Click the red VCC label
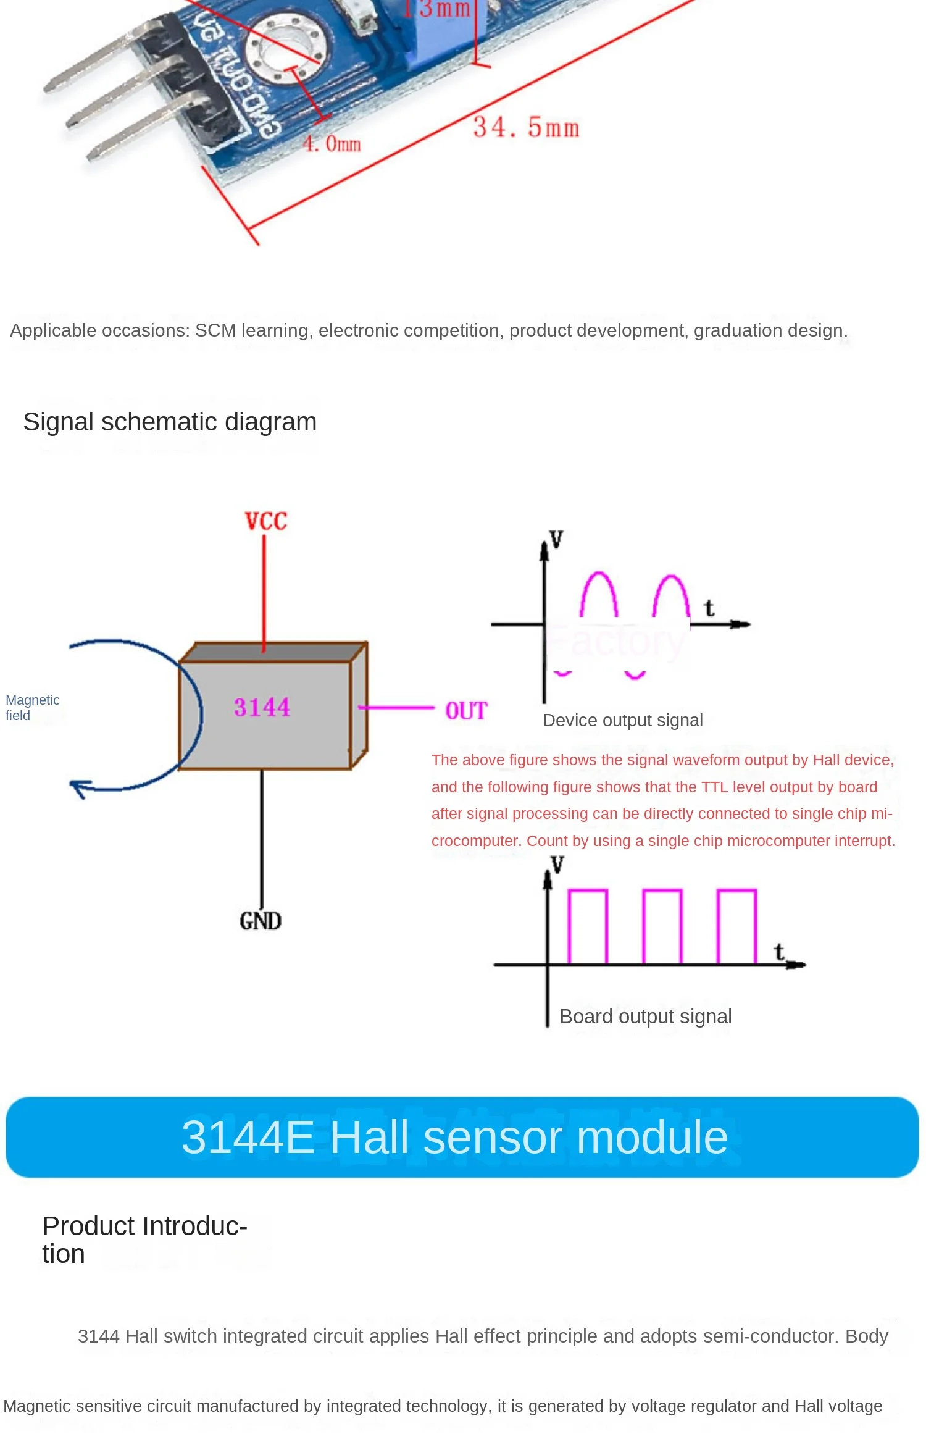265,521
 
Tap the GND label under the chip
261,921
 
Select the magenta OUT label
466,711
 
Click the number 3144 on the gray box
262,707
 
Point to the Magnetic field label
32,708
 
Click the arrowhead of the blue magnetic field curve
79,787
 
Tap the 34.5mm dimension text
526,128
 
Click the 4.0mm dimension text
332,144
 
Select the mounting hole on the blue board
286,50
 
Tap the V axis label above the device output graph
556,539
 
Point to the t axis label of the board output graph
779,952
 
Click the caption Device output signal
622,720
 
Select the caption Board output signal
645,1017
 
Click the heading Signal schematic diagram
170,422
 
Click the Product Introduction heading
144,1240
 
